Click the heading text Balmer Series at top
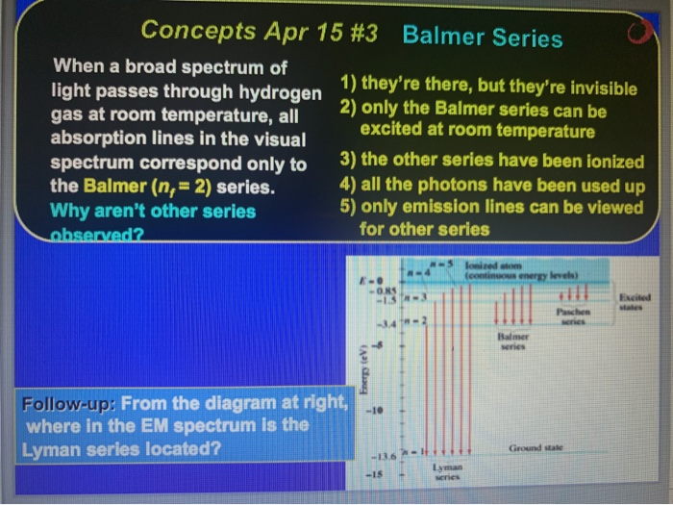pos(483,38)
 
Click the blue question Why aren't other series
pos(153,210)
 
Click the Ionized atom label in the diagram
pos(501,264)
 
